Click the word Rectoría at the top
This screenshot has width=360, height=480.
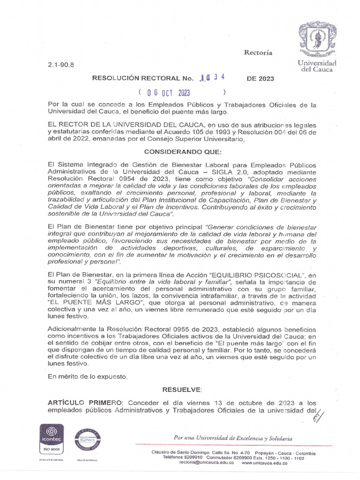pos(258,52)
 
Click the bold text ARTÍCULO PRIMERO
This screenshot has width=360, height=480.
pos(85,403)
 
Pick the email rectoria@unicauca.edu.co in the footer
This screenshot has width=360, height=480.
pos(207,462)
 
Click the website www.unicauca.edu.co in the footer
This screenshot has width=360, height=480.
pos(265,462)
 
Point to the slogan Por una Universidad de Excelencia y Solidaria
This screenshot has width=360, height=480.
pos(232,438)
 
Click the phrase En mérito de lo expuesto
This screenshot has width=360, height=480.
pos(88,376)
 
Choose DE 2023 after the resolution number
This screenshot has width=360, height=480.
pos(260,78)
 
